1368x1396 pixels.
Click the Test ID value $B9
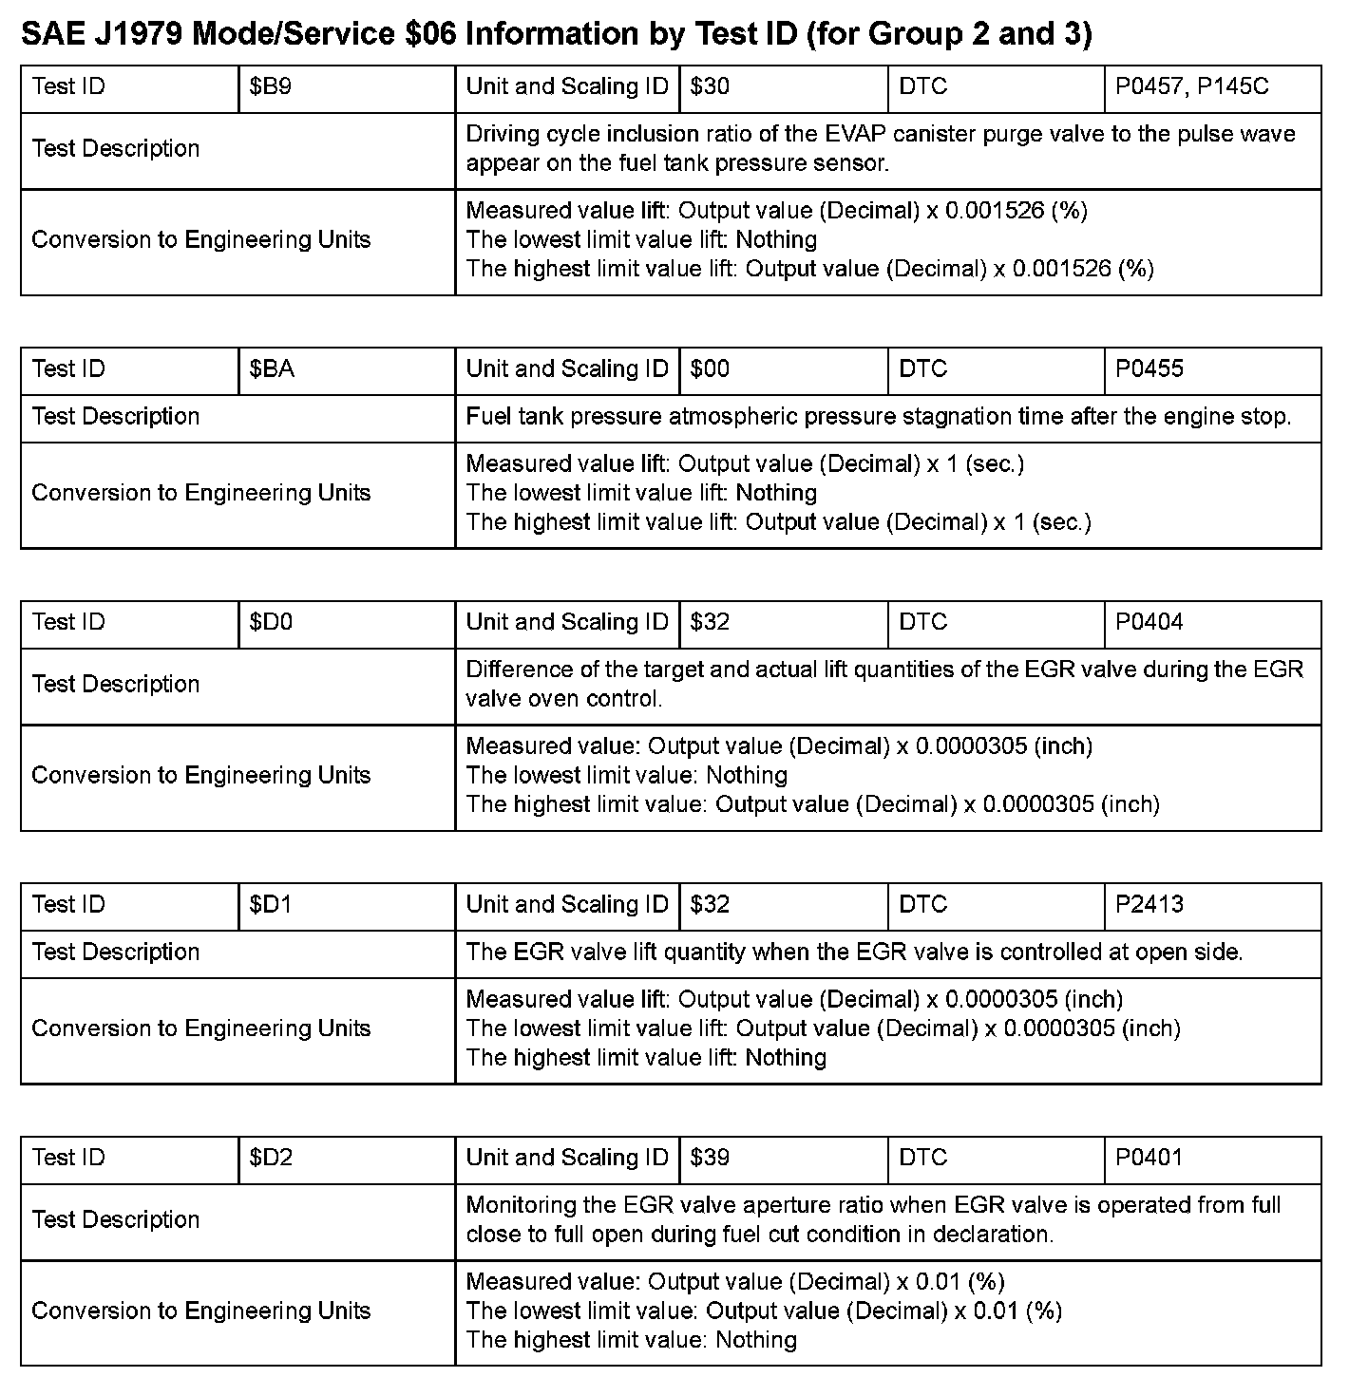point(271,87)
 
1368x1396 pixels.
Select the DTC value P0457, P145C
point(1191,87)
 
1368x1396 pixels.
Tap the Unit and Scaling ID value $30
point(710,87)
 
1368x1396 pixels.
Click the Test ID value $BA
point(272,369)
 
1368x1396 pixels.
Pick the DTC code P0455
point(1149,369)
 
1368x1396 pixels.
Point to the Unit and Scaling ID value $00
point(710,369)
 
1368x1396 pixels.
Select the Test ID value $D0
point(271,623)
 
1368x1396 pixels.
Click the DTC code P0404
point(1149,623)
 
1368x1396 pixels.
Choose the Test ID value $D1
point(271,905)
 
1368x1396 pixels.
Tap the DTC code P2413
point(1149,905)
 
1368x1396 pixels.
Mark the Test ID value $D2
point(271,1159)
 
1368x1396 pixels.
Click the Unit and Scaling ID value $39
point(710,1159)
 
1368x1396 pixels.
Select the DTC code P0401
point(1149,1159)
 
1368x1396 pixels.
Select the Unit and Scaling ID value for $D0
point(710,623)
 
